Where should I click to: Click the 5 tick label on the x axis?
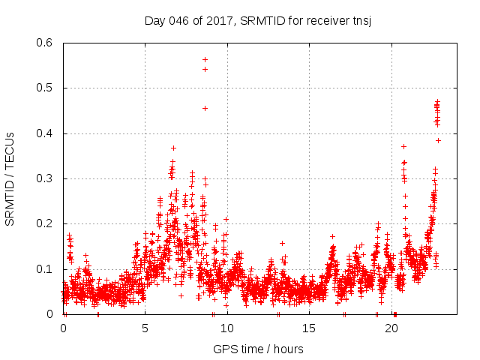[x=145, y=328]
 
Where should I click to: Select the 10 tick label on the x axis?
[x=226, y=328]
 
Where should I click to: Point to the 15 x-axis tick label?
[x=309, y=328]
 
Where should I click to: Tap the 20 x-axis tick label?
[x=391, y=328]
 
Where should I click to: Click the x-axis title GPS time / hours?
[x=258, y=349]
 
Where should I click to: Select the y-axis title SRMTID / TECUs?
[x=10, y=178]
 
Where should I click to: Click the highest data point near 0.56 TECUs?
[x=205, y=59]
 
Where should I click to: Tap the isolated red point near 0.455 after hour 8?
[x=205, y=108]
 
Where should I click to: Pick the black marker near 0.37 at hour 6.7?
[x=173, y=148]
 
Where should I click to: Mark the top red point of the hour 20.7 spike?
[x=403, y=146]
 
